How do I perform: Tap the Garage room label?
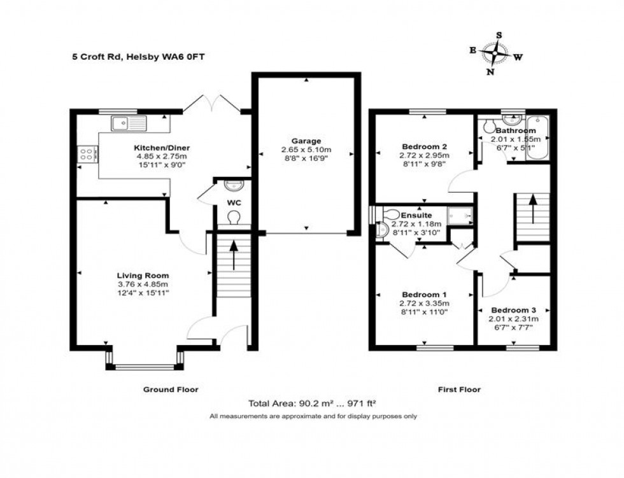[x=307, y=141]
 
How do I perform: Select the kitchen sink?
[x=127, y=123]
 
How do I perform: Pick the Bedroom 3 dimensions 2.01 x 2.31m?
[x=513, y=319]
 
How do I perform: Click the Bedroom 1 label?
[x=424, y=295]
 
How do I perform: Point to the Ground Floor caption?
[x=170, y=390]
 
